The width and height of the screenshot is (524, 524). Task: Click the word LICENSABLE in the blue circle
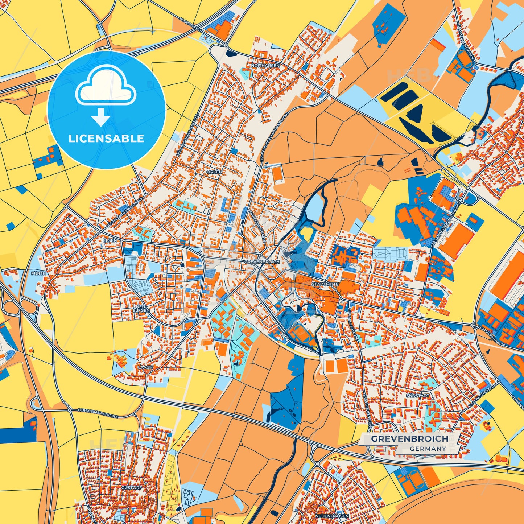(106, 139)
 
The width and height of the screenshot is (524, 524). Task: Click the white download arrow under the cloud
(101, 117)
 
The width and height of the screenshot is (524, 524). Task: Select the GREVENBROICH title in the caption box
(409, 438)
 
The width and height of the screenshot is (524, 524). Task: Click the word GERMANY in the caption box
(428, 449)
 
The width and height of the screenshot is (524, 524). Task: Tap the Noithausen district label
(265, 66)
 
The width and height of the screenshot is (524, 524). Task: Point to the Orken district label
(214, 172)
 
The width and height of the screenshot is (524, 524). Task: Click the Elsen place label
(110, 240)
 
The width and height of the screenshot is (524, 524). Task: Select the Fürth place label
(39, 273)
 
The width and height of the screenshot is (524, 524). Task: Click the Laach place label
(145, 367)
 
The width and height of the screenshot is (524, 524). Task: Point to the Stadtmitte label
(325, 285)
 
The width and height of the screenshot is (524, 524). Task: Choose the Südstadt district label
(418, 395)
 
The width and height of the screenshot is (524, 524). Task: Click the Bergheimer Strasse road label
(98, 413)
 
